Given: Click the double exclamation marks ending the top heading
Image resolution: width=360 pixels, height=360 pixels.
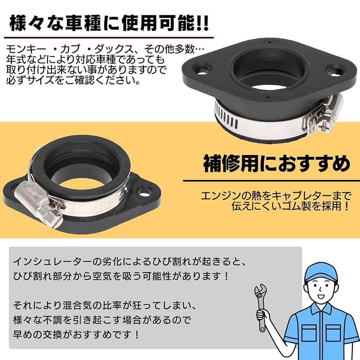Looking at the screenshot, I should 202,23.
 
